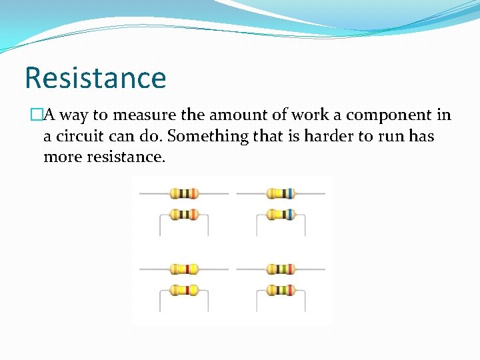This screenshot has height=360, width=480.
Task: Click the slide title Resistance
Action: pyautogui.click(x=95, y=77)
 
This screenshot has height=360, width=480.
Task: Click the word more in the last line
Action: pyautogui.click(x=61, y=157)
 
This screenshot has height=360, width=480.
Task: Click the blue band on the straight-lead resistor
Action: pyautogui.click(x=291, y=193)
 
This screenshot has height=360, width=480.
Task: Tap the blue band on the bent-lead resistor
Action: pyautogui.click(x=291, y=215)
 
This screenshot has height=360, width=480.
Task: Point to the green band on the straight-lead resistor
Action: pyautogui.click(x=283, y=269)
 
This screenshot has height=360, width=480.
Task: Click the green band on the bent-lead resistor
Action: pyautogui.click(x=283, y=290)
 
